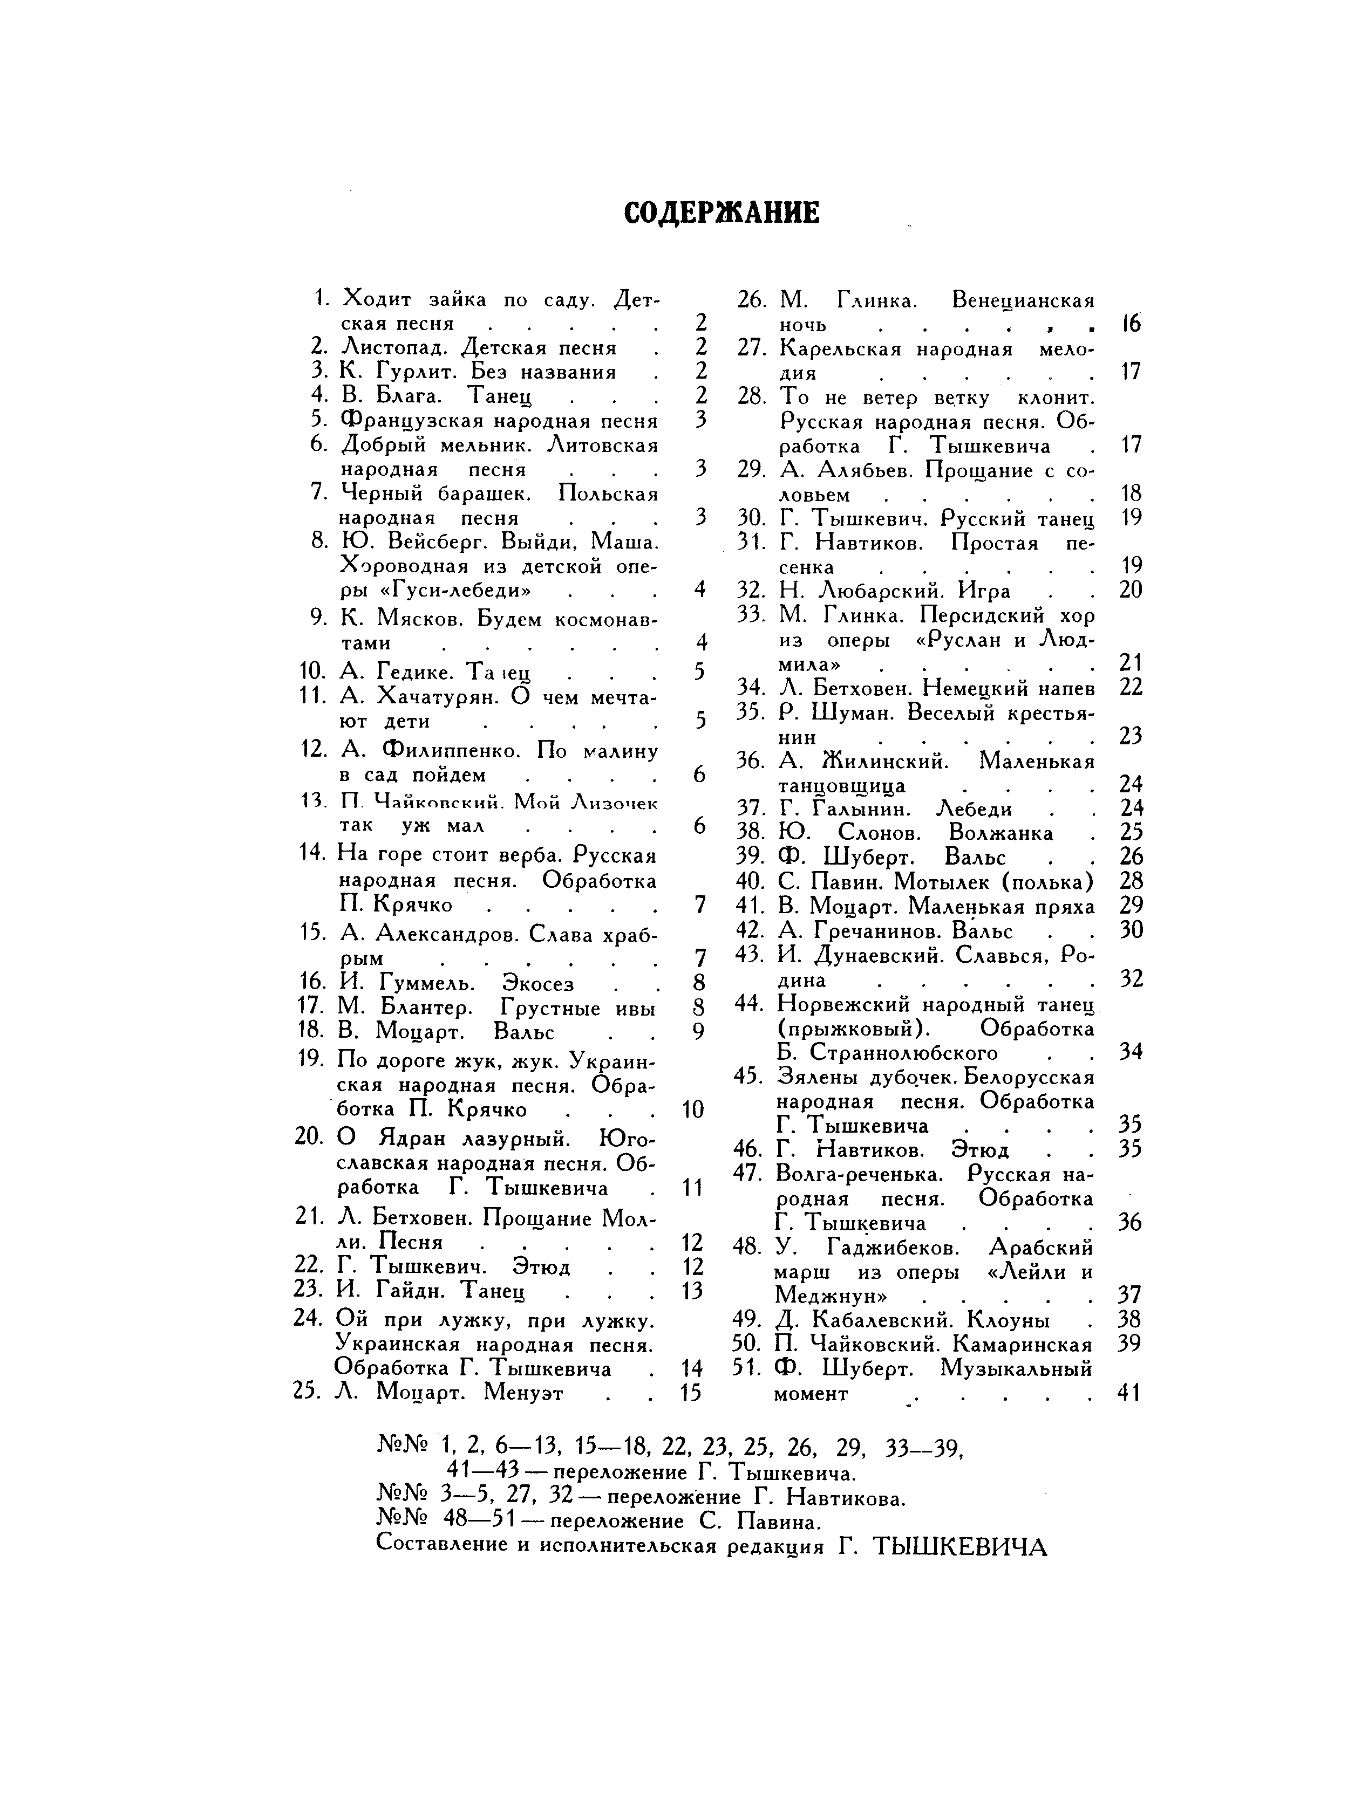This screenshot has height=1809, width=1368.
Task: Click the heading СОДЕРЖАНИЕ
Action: [x=721, y=214]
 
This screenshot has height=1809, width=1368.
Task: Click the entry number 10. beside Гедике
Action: [x=314, y=672]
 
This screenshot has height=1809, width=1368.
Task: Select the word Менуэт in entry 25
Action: [x=523, y=1392]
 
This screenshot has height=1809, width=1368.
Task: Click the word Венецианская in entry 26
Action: [x=1023, y=300]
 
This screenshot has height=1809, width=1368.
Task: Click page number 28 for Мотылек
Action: [x=1130, y=882]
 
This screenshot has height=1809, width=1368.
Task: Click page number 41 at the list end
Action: [x=1128, y=1392]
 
